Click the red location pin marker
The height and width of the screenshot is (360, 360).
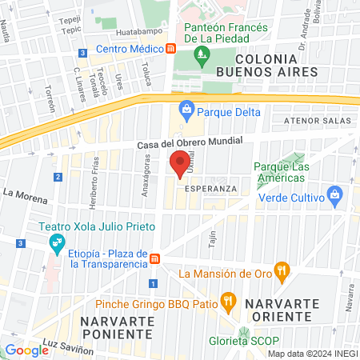point(180,162)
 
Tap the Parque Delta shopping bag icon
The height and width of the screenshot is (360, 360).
point(186,107)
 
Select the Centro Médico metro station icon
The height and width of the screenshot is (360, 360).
point(170,49)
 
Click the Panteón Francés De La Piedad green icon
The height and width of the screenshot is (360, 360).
point(199,55)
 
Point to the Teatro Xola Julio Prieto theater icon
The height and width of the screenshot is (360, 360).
point(56,241)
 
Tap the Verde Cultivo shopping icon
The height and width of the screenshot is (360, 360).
point(334,194)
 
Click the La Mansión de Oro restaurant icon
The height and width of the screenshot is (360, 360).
point(281,273)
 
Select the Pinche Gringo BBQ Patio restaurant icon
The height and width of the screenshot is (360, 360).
point(228,302)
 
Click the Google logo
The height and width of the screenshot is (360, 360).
point(26,350)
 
